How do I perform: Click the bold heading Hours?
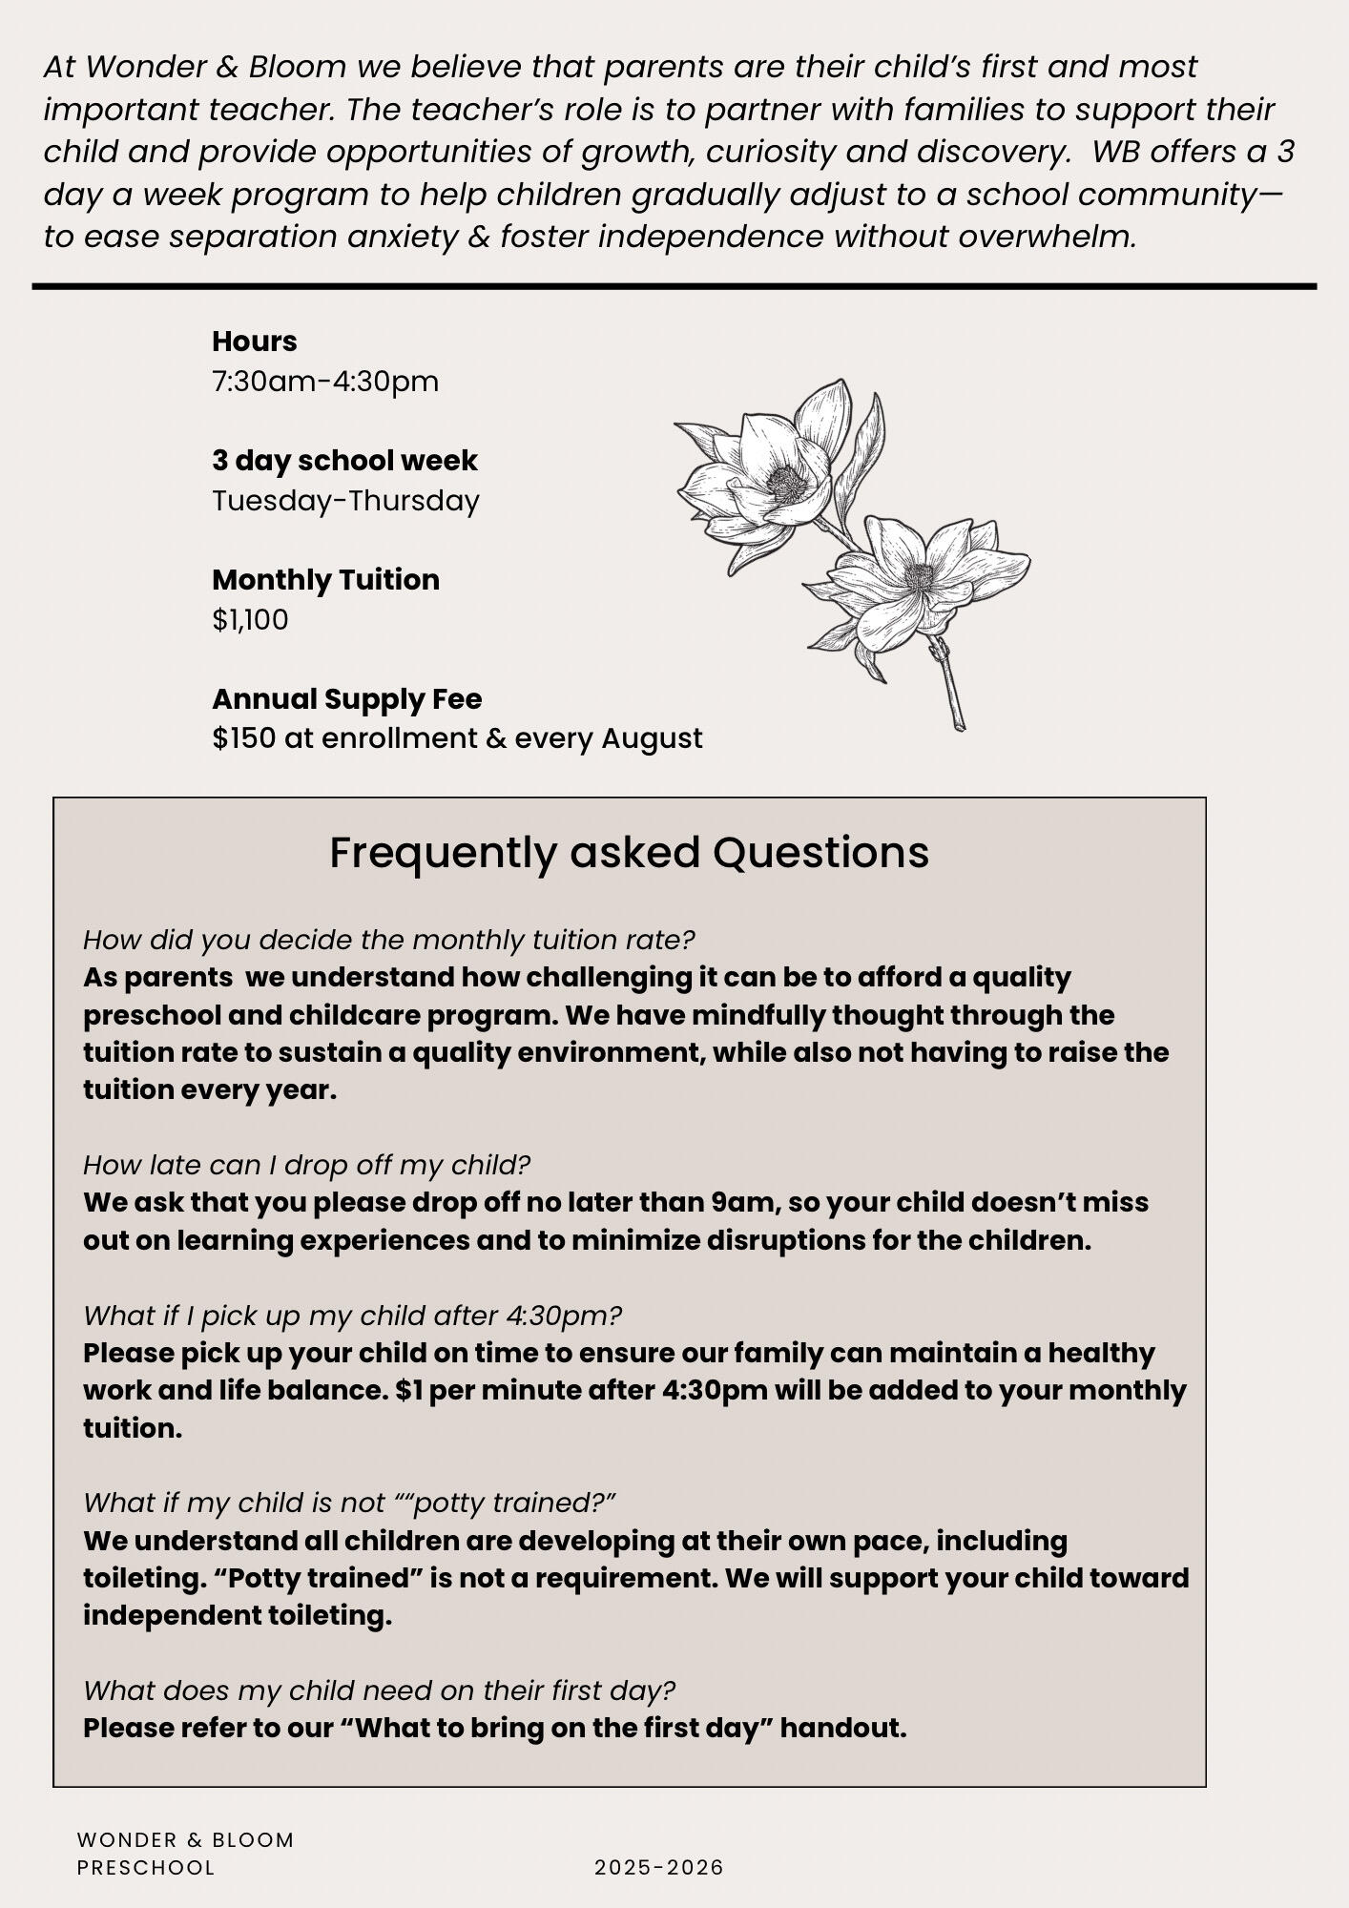click(x=254, y=342)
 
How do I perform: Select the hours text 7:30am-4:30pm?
click(x=325, y=382)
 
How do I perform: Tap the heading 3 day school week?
click(x=344, y=461)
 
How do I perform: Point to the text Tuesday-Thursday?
click(x=345, y=501)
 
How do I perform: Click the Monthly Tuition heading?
click(x=325, y=580)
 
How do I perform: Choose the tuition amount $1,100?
click(x=250, y=620)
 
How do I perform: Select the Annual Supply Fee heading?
click(x=346, y=699)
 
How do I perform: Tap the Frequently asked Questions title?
click(x=629, y=853)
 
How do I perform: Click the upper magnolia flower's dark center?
click(x=786, y=484)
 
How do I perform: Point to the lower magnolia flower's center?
click(x=920, y=577)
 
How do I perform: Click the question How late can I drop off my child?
click(x=306, y=1165)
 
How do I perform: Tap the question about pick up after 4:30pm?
click(x=352, y=1316)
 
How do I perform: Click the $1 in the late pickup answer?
click(x=409, y=1391)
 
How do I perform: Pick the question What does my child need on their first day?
click(x=379, y=1690)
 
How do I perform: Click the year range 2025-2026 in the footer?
click(x=659, y=1867)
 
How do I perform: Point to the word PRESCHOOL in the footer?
click(x=146, y=1867)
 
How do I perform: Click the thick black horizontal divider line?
click(x=674, y=286)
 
